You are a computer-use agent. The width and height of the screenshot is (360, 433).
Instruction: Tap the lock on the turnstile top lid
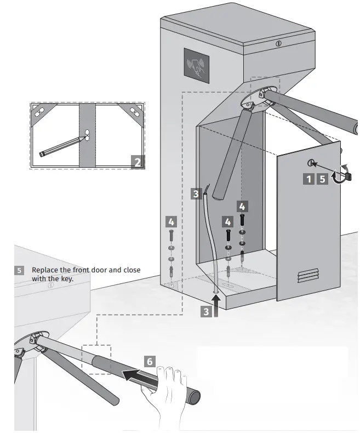tap(278, 43)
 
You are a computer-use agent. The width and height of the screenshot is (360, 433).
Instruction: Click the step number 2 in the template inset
tap(138, 161)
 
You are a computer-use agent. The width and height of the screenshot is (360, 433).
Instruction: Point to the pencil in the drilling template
tap(61, 145)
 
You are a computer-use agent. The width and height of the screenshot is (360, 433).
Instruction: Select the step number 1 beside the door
tap(309, 179)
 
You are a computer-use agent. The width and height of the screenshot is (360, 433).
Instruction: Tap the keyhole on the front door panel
tap(311, 163)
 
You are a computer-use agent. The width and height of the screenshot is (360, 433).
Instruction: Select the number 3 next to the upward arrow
tap(206, 311)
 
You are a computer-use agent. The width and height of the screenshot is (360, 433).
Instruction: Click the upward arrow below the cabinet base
tap(218, 304)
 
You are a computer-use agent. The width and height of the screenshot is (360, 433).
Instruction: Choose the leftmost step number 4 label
tap(171, 221)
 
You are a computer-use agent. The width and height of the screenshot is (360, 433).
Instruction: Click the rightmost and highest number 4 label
tap(242, 207)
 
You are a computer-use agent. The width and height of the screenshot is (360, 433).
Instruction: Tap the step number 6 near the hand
tap(150, 361)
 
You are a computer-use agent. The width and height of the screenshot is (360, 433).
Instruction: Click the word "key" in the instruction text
tap(67, 278)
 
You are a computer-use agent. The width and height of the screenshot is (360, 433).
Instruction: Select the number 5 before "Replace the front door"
tap(20, 270)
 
